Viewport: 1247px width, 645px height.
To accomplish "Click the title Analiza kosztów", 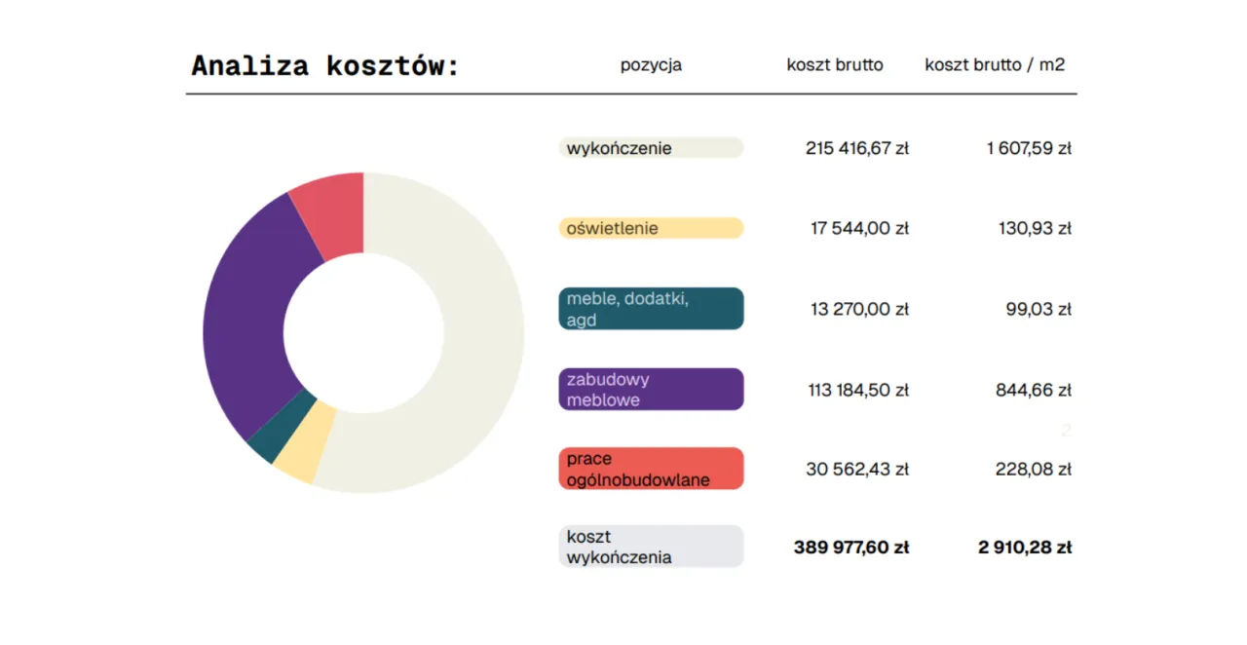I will [324, 66].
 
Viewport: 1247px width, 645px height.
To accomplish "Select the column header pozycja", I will [651, 65].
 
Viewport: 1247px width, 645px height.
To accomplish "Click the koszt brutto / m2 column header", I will [995, 65].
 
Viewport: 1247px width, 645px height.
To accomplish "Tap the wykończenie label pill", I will [651, 148].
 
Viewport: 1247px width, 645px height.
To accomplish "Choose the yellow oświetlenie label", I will [651, 228].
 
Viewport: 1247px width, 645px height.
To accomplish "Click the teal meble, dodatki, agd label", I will [651, 309].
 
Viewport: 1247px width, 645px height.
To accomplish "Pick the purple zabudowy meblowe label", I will [651, 390].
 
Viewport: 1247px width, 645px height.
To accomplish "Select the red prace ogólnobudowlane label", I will [651, 469].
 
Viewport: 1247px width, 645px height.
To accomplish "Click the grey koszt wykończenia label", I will [651, 547].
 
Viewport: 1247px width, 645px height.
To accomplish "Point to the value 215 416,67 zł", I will [856, 148].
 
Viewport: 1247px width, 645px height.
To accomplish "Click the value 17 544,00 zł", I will [859, 228].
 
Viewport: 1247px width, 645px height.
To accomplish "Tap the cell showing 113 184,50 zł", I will [858, 390].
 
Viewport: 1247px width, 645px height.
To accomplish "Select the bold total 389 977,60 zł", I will [851, 548].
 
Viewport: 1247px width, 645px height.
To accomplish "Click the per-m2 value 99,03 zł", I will [1039, 309].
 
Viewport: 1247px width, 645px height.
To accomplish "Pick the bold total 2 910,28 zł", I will [1025, 548].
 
